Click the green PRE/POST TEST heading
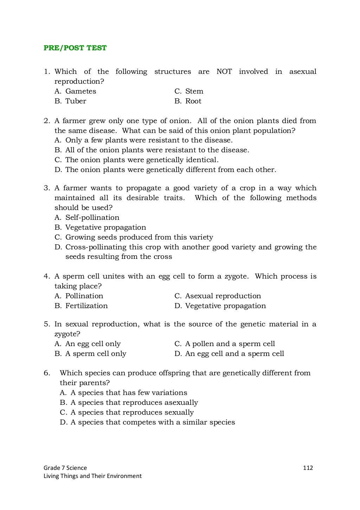(75, 48)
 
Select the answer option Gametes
(81, 91)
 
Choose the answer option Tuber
(76, 101)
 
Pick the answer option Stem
(194, 91)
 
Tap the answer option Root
(193, 101)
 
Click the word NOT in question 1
(224, 72)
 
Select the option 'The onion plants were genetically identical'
(142, 160)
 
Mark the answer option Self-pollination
(92, 218)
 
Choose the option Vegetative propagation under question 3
(105, 228)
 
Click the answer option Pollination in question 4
(84, 296)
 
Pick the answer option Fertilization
(86, 306)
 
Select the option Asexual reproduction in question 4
(223, 296)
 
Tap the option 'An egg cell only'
(93, 344)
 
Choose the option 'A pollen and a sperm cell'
(230, 344)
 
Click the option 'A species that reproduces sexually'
(132, 413)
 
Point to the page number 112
(308, 468)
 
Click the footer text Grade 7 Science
(65, 468)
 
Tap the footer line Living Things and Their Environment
(92, 476)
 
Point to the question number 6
(47, 373)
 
